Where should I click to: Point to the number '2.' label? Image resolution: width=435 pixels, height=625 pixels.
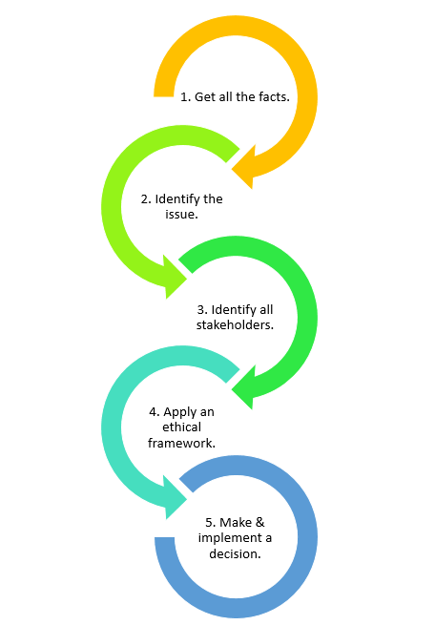pyautogui.click(x=146, y=199)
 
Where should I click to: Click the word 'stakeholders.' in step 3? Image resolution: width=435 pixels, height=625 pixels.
pyautogui.click(x=235, y=324)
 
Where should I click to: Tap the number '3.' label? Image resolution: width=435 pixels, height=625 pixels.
pyautogui.click(x=202, y=309)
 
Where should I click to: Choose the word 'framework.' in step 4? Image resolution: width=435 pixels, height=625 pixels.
pyautogui.click(x=181, y=443)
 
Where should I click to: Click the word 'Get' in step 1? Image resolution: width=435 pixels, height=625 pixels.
pyautogui.click(x=205, y=97)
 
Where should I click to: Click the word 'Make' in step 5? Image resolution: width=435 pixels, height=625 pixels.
pyautogui.click(x=235, y=522)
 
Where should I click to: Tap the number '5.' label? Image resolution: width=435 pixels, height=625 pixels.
pyautogui.click(x=211, y=522)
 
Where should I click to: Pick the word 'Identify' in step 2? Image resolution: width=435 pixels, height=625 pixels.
pyautogui.click(x=179, y=199)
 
